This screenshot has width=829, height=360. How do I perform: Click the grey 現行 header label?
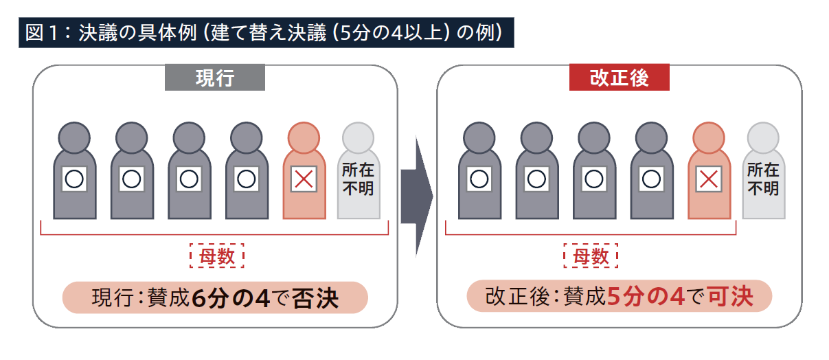[214, 78]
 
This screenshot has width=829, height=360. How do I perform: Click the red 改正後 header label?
[619, 78]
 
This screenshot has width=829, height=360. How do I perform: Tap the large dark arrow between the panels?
[416, 196]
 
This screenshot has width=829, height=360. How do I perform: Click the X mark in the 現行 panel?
[303, 179]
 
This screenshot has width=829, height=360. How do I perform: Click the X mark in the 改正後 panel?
[708, 179]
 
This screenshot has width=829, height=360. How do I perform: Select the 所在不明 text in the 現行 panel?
[358, 179]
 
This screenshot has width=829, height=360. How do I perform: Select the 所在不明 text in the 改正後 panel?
[763, 179]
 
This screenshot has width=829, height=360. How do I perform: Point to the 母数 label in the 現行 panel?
[216, 257]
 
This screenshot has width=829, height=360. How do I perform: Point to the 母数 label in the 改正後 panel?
[591, 257]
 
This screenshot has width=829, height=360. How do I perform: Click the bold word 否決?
[315, 300]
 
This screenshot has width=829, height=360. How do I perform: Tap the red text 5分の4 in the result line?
[646, 297]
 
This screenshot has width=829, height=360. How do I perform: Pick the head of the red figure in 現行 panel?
[304, 137]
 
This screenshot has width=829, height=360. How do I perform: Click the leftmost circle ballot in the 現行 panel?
[73, 179]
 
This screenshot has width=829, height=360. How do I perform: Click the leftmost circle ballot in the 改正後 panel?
[479, 179]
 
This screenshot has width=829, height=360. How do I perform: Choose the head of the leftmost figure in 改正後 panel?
[479, 137]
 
